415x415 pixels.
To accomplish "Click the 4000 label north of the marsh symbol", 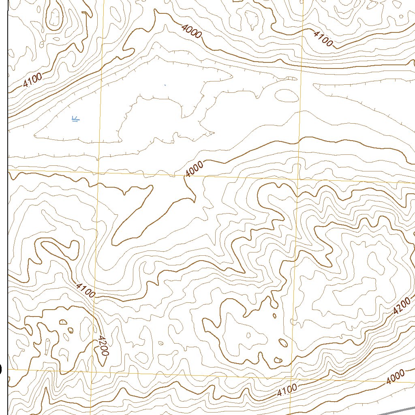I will click(192, 31).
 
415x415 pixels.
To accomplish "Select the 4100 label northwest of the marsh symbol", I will click(32, 81).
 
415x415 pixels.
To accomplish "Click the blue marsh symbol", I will click(75, 119).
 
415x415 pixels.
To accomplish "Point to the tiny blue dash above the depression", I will click(165, 85).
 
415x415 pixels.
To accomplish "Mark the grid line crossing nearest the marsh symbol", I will click(98, 172).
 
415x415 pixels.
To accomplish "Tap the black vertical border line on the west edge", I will click(8, 203).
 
